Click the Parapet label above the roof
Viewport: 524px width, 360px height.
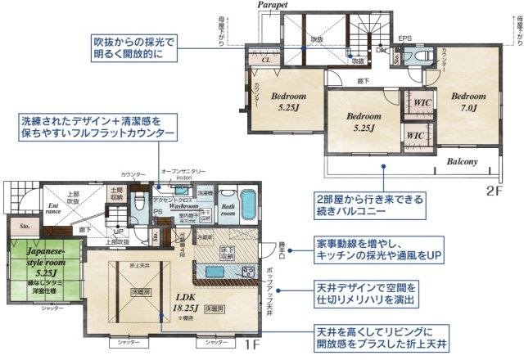click(x=277, y=6)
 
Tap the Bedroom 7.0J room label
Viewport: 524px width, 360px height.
click(x=470, y=99)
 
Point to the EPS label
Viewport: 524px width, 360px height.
click(x=404, y=38)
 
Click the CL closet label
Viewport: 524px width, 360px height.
click(x=266, y=61)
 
